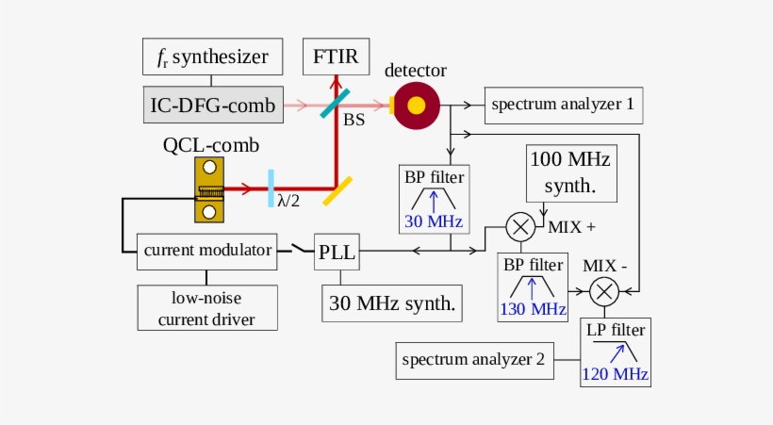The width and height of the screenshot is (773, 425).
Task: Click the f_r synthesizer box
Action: coord(212,58)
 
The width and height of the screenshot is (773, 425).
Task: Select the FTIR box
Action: coord(336,58)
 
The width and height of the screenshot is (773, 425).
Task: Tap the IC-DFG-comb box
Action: coord(212,105)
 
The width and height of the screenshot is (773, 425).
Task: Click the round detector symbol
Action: coord(416,105)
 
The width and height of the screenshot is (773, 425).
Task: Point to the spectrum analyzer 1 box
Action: coord(563,105)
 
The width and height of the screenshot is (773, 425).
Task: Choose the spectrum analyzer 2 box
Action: coord(473,359)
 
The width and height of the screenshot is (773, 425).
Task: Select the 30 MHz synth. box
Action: coord(393,303)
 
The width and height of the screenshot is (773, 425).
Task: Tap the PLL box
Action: coord(337,251)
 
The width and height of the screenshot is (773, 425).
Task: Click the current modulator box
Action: coord(208,251)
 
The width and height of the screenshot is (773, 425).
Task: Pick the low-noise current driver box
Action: coord(208,308)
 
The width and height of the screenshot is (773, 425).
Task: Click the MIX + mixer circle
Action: coord(520,227)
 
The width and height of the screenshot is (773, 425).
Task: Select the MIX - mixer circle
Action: coord(604,291)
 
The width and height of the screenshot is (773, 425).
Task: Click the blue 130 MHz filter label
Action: coord(534,309)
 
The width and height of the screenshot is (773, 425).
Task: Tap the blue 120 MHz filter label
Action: coord(616,375)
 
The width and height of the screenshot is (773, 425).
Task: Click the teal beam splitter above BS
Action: coord(336,105)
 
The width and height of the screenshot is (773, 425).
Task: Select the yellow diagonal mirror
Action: coord(338,191)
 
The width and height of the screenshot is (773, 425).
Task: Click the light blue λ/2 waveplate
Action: coord(271,185)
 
